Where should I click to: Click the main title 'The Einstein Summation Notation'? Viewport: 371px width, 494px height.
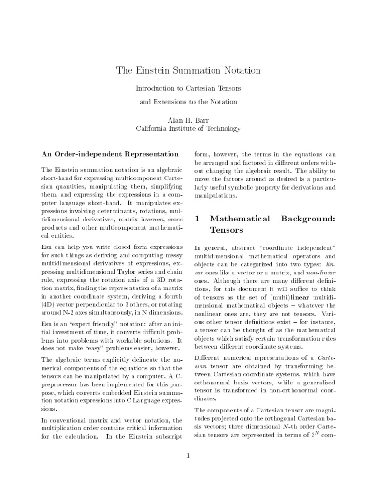[x=188, y=71]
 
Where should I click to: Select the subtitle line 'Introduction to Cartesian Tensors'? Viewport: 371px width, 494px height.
[x=188, y=89]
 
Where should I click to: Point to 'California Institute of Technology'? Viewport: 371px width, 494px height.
[x=188, y=129]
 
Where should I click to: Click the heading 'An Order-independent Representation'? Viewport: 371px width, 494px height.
[x=110, y=154]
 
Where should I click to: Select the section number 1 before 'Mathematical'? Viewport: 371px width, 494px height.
[x=197, y=219]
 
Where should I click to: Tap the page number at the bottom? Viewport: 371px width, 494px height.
[x=188, y=455]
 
